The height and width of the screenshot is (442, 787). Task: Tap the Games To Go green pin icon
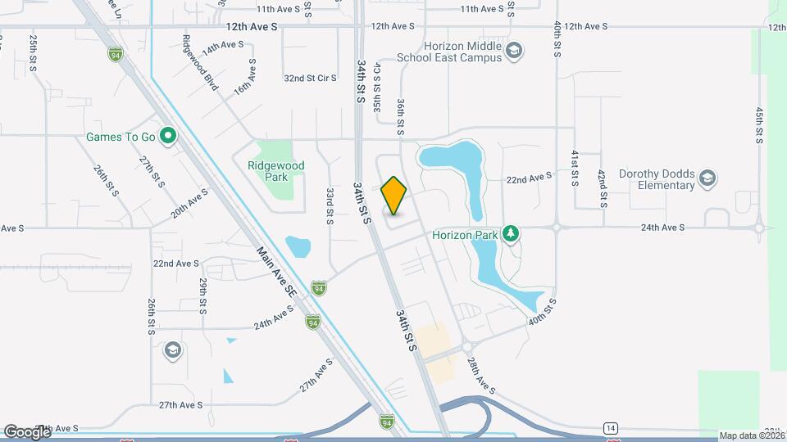(169, 136)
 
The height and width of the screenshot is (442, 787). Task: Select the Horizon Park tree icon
(511, 234)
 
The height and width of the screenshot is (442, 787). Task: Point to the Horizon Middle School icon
(513, 52)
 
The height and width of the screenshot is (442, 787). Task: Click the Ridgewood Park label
(275, 170)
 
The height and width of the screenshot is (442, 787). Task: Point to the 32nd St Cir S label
(311, 79)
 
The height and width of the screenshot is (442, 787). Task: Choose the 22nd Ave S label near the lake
(530, 178)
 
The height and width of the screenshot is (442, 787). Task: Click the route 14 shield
(610, 428)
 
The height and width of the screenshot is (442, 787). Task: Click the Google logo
(27, 431)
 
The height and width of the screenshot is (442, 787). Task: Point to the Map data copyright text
(752, 435)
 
